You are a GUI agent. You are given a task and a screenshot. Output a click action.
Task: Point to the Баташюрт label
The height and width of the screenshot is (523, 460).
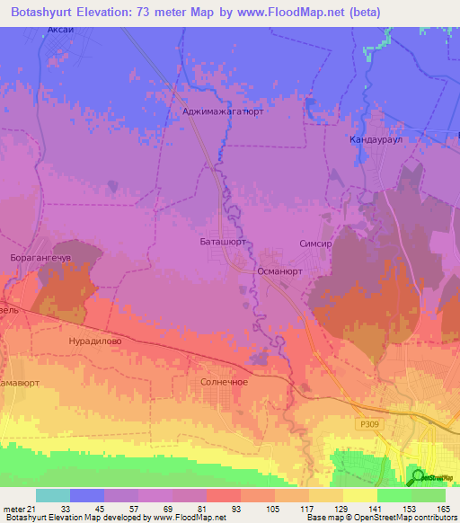[223, 243]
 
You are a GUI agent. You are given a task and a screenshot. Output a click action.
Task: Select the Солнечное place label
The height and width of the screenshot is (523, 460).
[223, 382]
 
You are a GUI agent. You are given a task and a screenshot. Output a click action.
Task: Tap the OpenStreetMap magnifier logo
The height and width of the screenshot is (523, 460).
[417, 477]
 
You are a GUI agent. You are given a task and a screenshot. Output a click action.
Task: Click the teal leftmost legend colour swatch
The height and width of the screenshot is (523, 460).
[53, 495]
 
